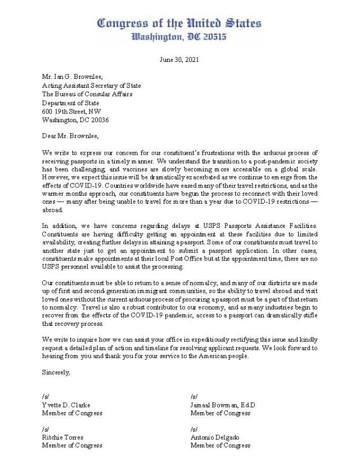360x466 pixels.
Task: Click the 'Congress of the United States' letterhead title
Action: [x=179, y=23]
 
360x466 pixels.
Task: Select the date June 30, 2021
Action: [x=179, y=59]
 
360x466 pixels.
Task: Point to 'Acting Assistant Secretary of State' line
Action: [x=91, y=86]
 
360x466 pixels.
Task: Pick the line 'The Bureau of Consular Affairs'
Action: [x=87, y=95]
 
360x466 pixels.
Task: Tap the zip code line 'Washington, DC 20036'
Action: [x=76, y=120]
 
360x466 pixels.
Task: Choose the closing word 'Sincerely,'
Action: [x=56, y=372]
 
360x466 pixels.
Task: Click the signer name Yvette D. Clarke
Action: [x=66, y=405]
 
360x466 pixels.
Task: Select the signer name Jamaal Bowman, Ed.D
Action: [x=223, y=405]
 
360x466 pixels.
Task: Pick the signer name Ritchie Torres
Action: [x=62, y=437]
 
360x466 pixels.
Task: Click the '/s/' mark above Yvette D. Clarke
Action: [x=46, y=396]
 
